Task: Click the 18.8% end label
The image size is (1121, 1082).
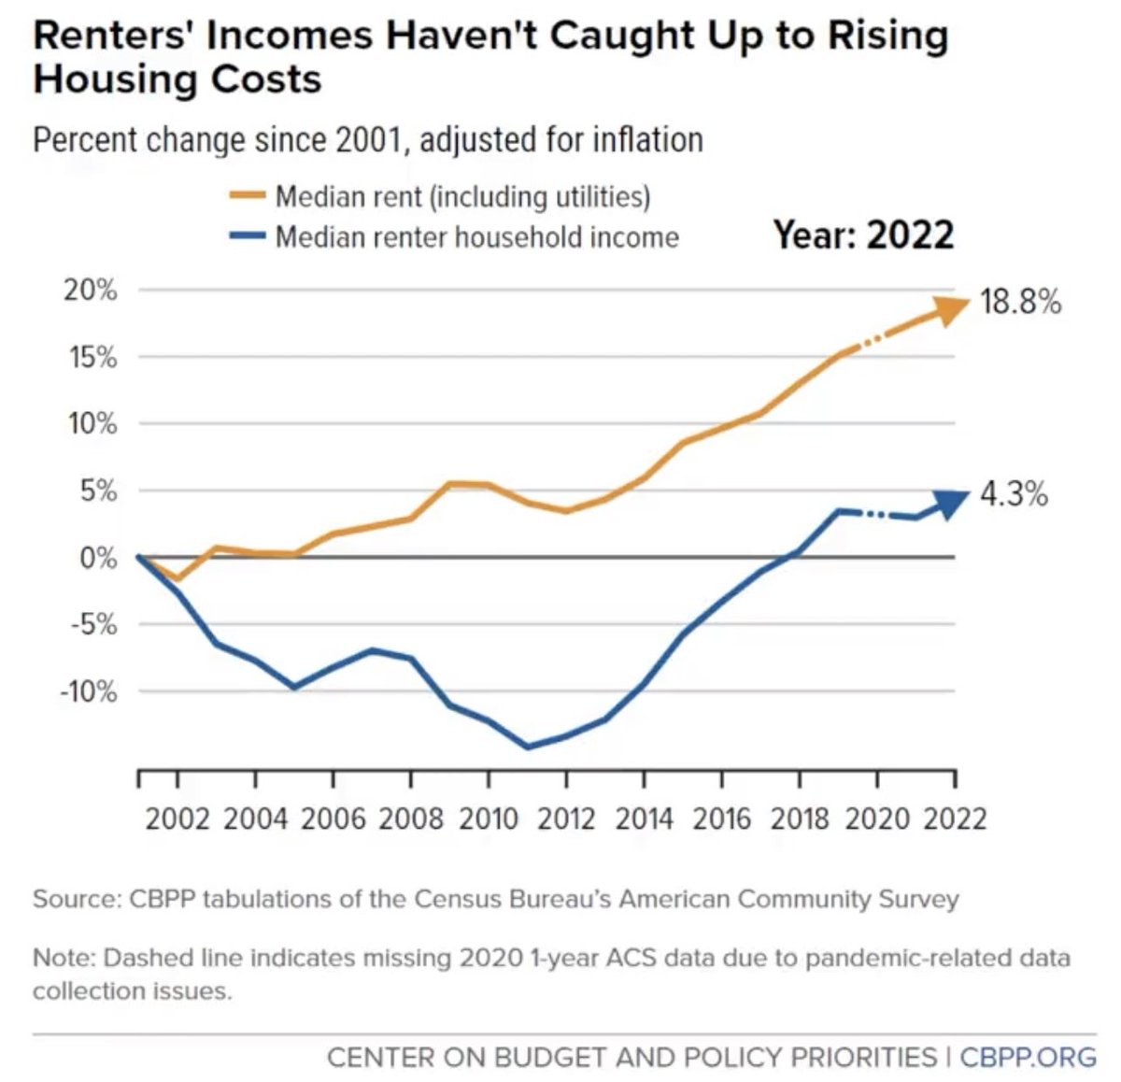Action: click(1020, 302)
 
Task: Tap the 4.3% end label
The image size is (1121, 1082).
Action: click(1014, 493)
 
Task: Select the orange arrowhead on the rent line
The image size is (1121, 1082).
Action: click(952, 310)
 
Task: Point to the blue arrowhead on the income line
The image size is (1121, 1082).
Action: click(950, 503)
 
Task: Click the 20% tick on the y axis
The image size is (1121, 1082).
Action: click(91, 290)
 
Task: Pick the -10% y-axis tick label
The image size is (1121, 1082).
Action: click(88, 691)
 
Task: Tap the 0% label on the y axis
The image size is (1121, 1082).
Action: click(98, 558)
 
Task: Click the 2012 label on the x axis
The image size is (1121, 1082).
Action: click(566, 819)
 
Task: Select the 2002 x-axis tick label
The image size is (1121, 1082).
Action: click(177, 819)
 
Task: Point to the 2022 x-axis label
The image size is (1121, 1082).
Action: click(955, 819)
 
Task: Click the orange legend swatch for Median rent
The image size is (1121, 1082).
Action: click(247, 196)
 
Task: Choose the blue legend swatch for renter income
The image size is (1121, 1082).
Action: click(247, 236)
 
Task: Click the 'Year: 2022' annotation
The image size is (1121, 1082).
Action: click(863, 235)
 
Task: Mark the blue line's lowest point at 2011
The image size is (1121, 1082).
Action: click(528, 747)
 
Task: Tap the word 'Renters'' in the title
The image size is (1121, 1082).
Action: click(114, 36)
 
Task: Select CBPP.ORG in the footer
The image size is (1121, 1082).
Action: click(1028, 1057)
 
